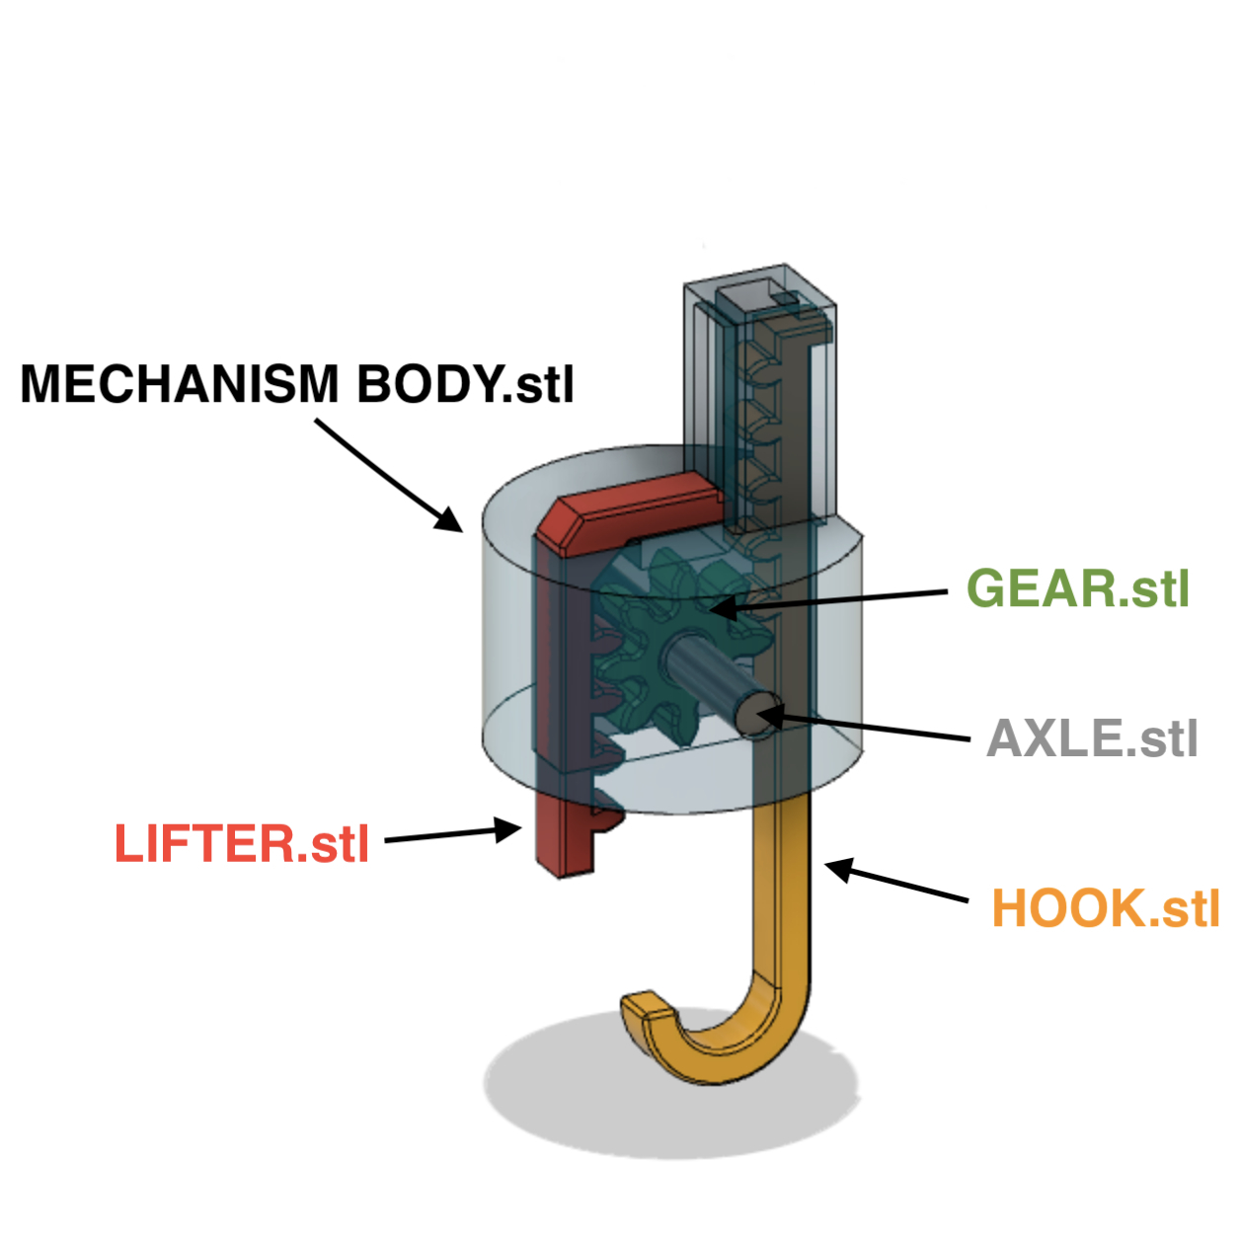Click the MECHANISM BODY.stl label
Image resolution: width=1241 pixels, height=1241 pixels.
(x=297, y=384)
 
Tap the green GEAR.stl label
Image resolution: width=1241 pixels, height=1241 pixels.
(x=1077, y=588)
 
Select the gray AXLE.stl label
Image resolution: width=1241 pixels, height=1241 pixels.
(x=1092, y=738)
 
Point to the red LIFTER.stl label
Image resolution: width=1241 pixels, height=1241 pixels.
(x=242, y=844)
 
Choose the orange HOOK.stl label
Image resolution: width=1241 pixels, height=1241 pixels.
(x=1105, y=908)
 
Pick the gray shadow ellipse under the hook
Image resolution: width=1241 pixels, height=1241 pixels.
(x=553, y=1096)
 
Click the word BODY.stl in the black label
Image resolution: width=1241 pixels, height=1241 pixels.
(x=465, y=384)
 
